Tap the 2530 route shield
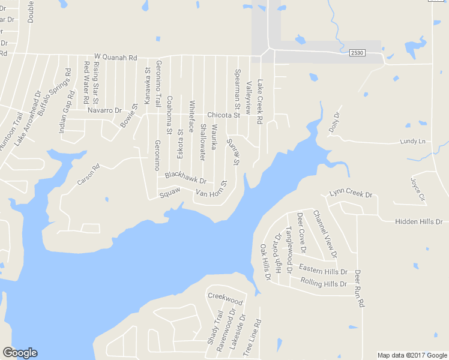pyautogui.click(x=357, y=53)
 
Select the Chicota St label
pyautogui.click(x=223, y=115)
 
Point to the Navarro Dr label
pyautogui.click(x=104, y=110)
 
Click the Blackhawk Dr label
pyautogui.click(x=185, y=178)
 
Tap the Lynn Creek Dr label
pyautogui.click(x=351, y=195)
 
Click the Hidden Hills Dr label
pyautogui.click(x=418, y=222)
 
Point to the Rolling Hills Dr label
pyautogui.click(x=324, y=282)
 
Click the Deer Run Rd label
pyautogui.click(x=360, y=289)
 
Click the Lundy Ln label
pyautogui.click(x=412, y=142)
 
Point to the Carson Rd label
pyautogui.click(x=88, y=175)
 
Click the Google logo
pyautogui.click(x=20, y=353)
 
